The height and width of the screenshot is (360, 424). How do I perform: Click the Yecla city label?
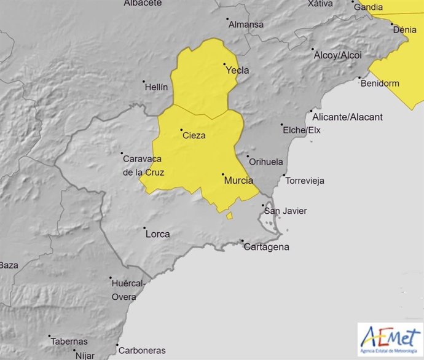[x=238, y=71]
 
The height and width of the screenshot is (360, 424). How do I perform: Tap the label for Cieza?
[x=194, y=136]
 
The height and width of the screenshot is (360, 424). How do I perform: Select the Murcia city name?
[x=239, y=181]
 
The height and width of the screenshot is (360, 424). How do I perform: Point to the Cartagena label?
[x=266, y=248]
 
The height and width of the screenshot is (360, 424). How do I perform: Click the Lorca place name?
[x=157, y=234]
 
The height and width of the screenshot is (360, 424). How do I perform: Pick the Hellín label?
[x=155, y=87]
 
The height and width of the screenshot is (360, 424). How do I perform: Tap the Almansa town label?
[x=246, y=25]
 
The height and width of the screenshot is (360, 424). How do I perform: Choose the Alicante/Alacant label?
[x=347, y=117]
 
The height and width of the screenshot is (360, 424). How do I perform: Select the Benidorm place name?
[x=380, y=83]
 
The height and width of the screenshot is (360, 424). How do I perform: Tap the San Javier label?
[x=285, y=211]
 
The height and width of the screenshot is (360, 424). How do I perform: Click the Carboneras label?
[x=142, y=351]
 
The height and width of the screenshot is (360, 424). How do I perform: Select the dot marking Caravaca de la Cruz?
[x=122, y=154]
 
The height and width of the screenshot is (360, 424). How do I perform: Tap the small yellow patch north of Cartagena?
[x=229, y=216]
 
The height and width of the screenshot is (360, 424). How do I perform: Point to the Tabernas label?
[x=70, y=342]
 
